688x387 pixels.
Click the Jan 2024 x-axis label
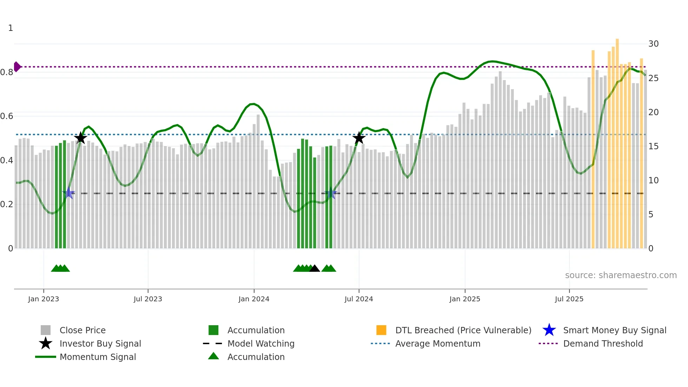coord(254,299)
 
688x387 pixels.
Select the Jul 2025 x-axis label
coord(569,299)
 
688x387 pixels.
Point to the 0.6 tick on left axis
coord(7,116)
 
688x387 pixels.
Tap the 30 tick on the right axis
coord(653,44)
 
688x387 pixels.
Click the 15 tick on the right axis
coord(653,146)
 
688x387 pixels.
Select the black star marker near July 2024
coord(359,138)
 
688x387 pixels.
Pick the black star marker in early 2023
coord(81,138)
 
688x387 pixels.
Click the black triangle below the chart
coord(315,269)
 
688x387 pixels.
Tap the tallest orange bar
coord(617,140)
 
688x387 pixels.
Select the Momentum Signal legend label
coord(98,357)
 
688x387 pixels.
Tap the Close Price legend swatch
coord(46,330)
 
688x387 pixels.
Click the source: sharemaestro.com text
coord(621,275)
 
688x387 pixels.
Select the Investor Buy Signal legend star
coord(46,344)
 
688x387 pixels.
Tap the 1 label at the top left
coord(11,28)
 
